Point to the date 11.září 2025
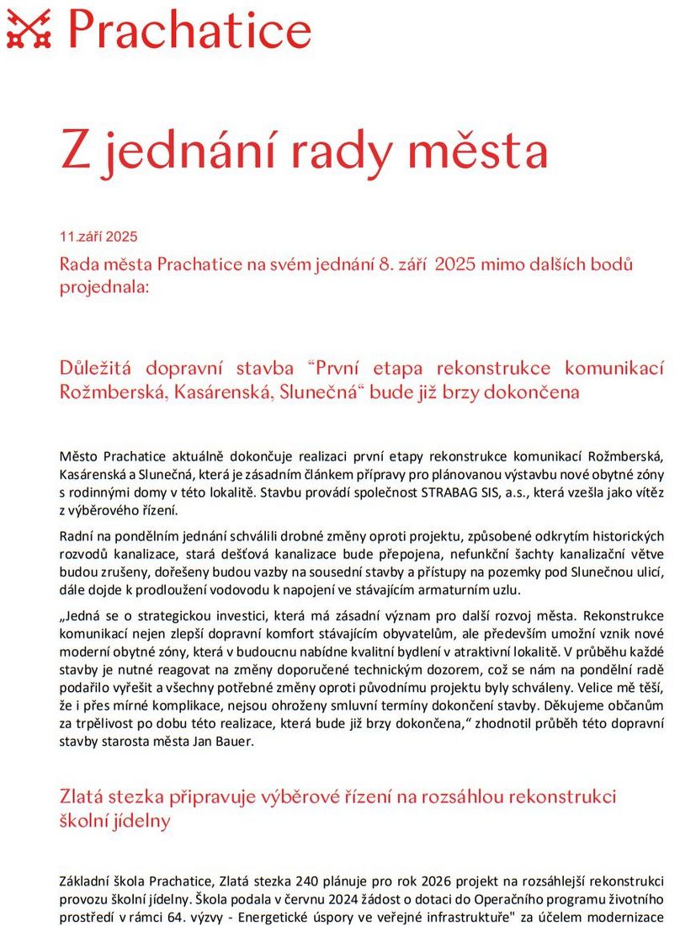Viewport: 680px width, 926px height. pos(98,237)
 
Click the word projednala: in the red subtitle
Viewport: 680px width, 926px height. pos(104,286)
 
